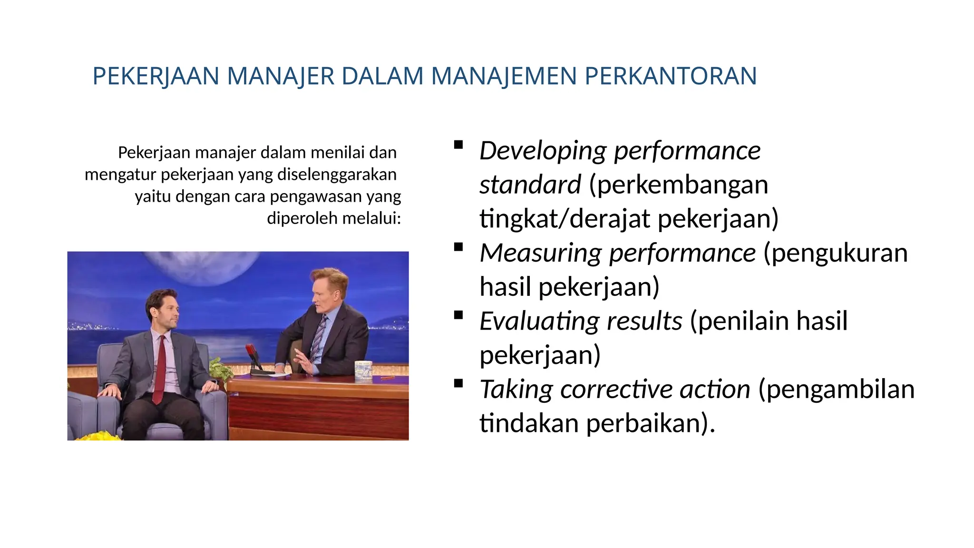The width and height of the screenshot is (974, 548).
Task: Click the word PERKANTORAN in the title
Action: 670,76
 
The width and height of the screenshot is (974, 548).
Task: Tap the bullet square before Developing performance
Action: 458,145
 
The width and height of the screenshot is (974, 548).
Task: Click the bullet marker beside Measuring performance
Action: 458,247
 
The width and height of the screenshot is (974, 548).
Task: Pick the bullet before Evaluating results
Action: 458,315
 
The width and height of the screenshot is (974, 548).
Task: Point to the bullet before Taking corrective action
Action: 458,383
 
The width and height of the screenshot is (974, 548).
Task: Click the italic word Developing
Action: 542,151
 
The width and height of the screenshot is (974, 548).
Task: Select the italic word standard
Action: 530,185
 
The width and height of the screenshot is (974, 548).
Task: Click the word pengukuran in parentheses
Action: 839,253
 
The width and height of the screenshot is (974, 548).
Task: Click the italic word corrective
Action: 616,390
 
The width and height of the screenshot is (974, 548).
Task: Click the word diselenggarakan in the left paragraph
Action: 337,175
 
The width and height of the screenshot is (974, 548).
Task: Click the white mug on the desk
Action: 363,371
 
